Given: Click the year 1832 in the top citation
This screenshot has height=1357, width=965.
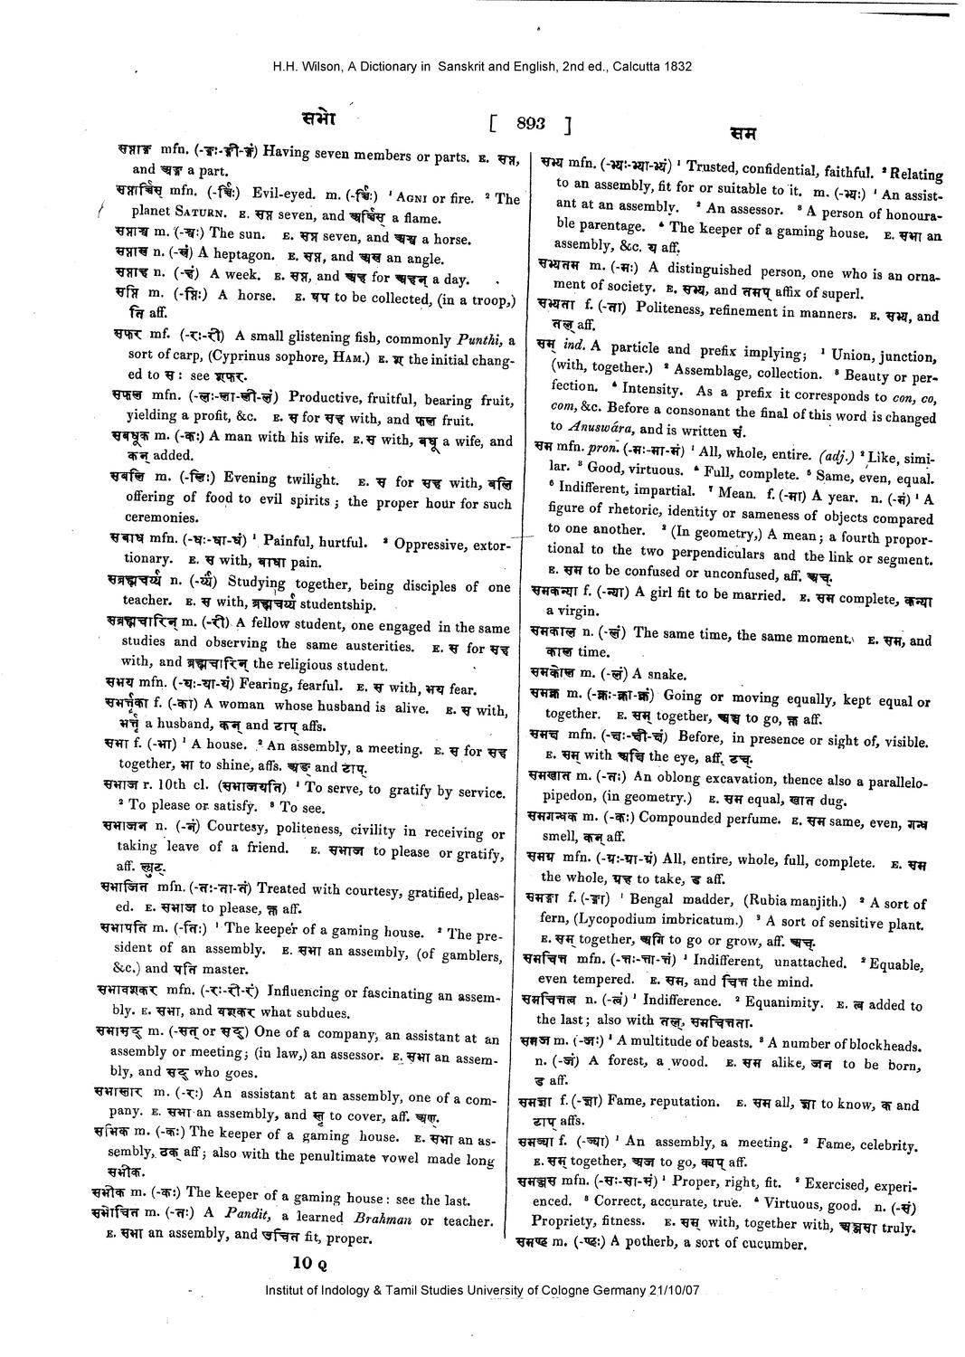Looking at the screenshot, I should [x=677, y=66].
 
